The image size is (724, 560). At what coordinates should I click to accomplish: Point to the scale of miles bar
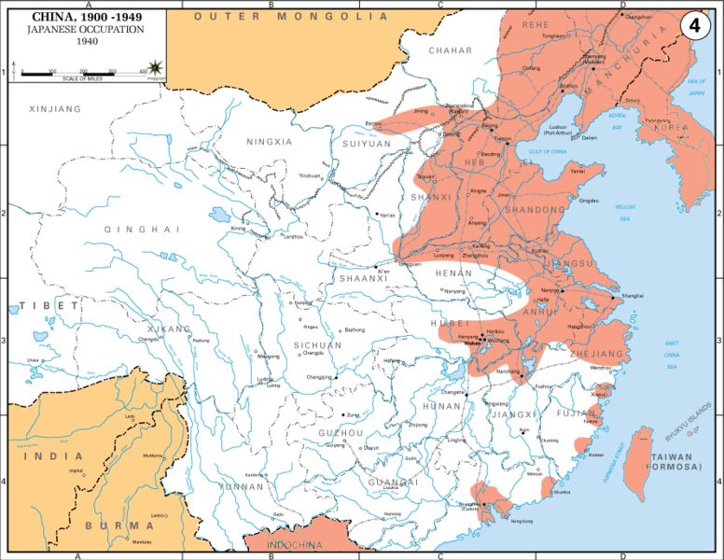tap(84, 72)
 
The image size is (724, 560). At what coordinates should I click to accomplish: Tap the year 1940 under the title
tap(84, 41)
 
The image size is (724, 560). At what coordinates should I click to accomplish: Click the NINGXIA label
tap(269, 142)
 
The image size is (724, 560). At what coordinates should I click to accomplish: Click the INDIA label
tap(52, 456)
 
